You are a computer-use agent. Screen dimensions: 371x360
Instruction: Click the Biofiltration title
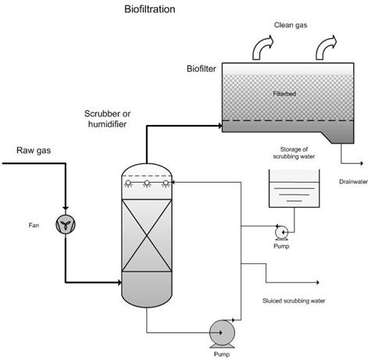(150, 9)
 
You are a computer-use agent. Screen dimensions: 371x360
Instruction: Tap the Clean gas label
(291, 25)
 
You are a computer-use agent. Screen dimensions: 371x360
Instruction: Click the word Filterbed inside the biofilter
(284, 94)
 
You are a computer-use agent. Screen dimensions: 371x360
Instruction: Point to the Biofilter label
(202, 69)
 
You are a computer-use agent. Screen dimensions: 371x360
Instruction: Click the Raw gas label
(34, 150)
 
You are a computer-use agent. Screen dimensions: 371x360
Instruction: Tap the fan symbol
(66, 224)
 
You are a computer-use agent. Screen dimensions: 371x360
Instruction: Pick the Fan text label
(34, 225)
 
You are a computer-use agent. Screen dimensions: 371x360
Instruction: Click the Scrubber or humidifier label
(107, 119)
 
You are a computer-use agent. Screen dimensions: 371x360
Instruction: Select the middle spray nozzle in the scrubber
(147, 184)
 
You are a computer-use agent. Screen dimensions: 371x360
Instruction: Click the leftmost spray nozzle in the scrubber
(128, 184)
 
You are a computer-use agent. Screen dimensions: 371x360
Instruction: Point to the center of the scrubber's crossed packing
(147, 236)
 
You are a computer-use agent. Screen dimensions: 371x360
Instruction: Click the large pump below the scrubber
(222, 333)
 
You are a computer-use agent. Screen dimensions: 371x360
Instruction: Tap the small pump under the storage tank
(281, 233)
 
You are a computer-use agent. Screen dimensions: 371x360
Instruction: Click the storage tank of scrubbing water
(294, 188)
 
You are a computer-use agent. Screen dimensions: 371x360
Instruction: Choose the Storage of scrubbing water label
(294, 153)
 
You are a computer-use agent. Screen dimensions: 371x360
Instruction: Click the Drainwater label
(353, 182)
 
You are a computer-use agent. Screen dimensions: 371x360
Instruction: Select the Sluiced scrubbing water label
(294, 301)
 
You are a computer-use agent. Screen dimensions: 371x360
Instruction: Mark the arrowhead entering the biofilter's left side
(220, 126)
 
